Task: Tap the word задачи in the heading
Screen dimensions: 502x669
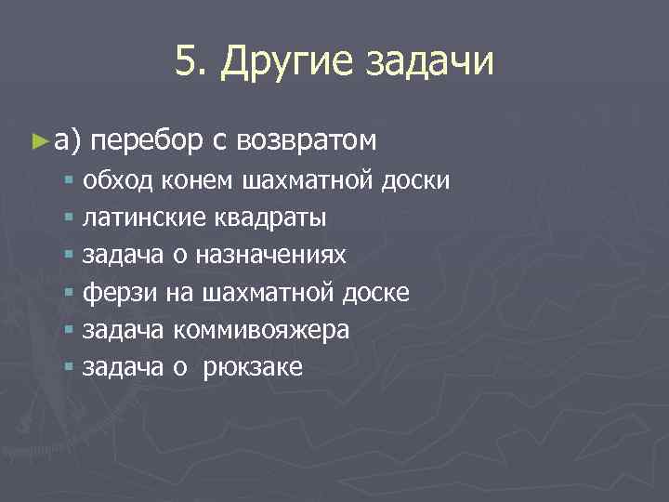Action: coord(432,62)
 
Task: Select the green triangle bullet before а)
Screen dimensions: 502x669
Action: coord(37,140)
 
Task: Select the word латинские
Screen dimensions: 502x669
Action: coord(144,218)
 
